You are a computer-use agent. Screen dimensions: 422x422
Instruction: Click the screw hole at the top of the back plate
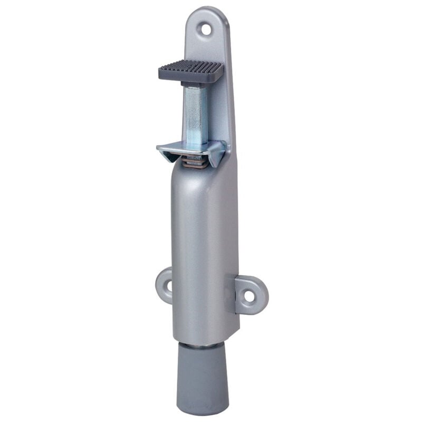tap(206, 30)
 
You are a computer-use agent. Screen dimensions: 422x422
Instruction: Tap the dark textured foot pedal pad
tap(191, 69)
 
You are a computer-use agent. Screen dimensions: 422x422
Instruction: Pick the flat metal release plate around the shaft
tap(190, 151)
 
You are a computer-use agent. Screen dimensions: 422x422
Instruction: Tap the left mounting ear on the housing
tap(165, 285)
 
